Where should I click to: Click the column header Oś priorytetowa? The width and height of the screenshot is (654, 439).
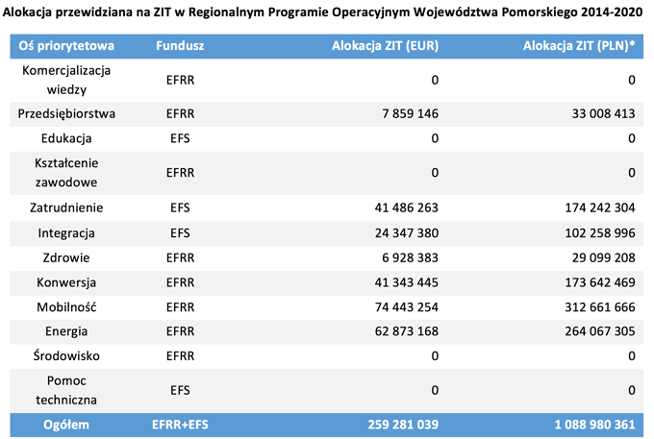66,46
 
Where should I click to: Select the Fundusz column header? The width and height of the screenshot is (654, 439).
180,46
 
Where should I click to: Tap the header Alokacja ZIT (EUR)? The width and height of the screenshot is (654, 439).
385,46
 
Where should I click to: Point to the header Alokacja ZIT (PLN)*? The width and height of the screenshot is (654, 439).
579,46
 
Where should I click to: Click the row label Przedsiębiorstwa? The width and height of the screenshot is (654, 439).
66,114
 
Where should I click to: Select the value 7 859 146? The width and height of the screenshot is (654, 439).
410,113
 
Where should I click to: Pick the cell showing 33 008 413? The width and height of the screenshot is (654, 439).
603,113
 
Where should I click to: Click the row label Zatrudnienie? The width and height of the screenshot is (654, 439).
66,207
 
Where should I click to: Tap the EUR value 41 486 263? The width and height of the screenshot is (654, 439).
406,207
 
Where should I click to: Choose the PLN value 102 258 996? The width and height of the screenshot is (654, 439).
600,232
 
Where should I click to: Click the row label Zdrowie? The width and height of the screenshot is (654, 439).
66,257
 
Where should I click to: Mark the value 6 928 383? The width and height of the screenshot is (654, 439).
410,257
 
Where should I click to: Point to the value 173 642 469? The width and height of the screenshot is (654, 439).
600,282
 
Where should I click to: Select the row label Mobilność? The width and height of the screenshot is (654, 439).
66,307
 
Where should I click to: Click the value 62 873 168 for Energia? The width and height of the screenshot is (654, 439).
406,331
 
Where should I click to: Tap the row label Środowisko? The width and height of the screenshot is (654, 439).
66,355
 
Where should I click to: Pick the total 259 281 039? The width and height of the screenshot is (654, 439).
403,425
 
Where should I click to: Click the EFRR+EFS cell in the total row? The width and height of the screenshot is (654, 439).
180,425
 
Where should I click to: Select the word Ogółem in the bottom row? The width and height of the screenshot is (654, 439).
66,425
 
